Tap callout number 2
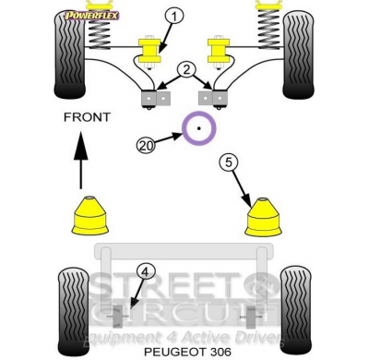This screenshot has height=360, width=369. point(185,69)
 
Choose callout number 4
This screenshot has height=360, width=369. point(144,270)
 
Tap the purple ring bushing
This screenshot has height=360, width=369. point(200,129)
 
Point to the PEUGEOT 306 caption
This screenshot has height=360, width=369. point(184,352)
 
